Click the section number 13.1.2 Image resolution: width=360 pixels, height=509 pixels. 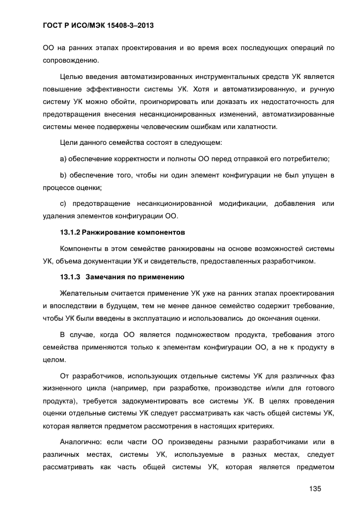pos(70,232)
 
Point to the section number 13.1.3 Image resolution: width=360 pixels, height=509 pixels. pos(70,277)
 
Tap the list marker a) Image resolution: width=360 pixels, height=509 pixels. pos(63,159)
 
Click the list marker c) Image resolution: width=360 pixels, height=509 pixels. pos(63,204)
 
